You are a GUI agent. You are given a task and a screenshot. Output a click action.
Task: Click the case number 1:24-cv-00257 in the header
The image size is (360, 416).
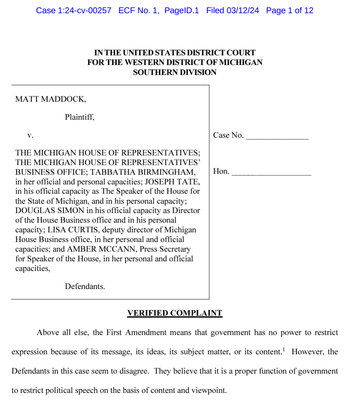(84, 11)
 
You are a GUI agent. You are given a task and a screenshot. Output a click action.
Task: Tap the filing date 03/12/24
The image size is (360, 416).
(243, 11)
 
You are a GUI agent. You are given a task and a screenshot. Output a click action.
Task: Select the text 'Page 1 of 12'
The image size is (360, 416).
(289, 11)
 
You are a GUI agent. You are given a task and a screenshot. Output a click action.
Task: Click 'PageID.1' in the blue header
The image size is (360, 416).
(182, 11)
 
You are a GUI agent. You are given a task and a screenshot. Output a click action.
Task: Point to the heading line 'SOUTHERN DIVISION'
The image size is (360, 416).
(175, 72)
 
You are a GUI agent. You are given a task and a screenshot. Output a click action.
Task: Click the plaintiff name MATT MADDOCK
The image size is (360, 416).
(51, 99)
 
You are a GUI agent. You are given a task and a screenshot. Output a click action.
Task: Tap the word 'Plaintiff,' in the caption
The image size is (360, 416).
(80, 117)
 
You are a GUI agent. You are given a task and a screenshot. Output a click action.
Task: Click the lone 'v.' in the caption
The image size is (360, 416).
(30, 136)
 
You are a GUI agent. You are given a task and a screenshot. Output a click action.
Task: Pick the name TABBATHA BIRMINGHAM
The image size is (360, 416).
(143, 172)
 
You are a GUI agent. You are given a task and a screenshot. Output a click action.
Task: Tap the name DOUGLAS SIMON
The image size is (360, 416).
(50, 211)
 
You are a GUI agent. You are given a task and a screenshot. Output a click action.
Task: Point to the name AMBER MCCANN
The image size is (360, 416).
(102, 249)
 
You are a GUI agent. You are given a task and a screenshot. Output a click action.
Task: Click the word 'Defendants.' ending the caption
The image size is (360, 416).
(85, 287)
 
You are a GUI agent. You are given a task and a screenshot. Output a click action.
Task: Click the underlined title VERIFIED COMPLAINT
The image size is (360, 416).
(175, 313)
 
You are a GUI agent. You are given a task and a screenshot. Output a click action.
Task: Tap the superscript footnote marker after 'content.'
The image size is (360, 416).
(284, 349)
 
